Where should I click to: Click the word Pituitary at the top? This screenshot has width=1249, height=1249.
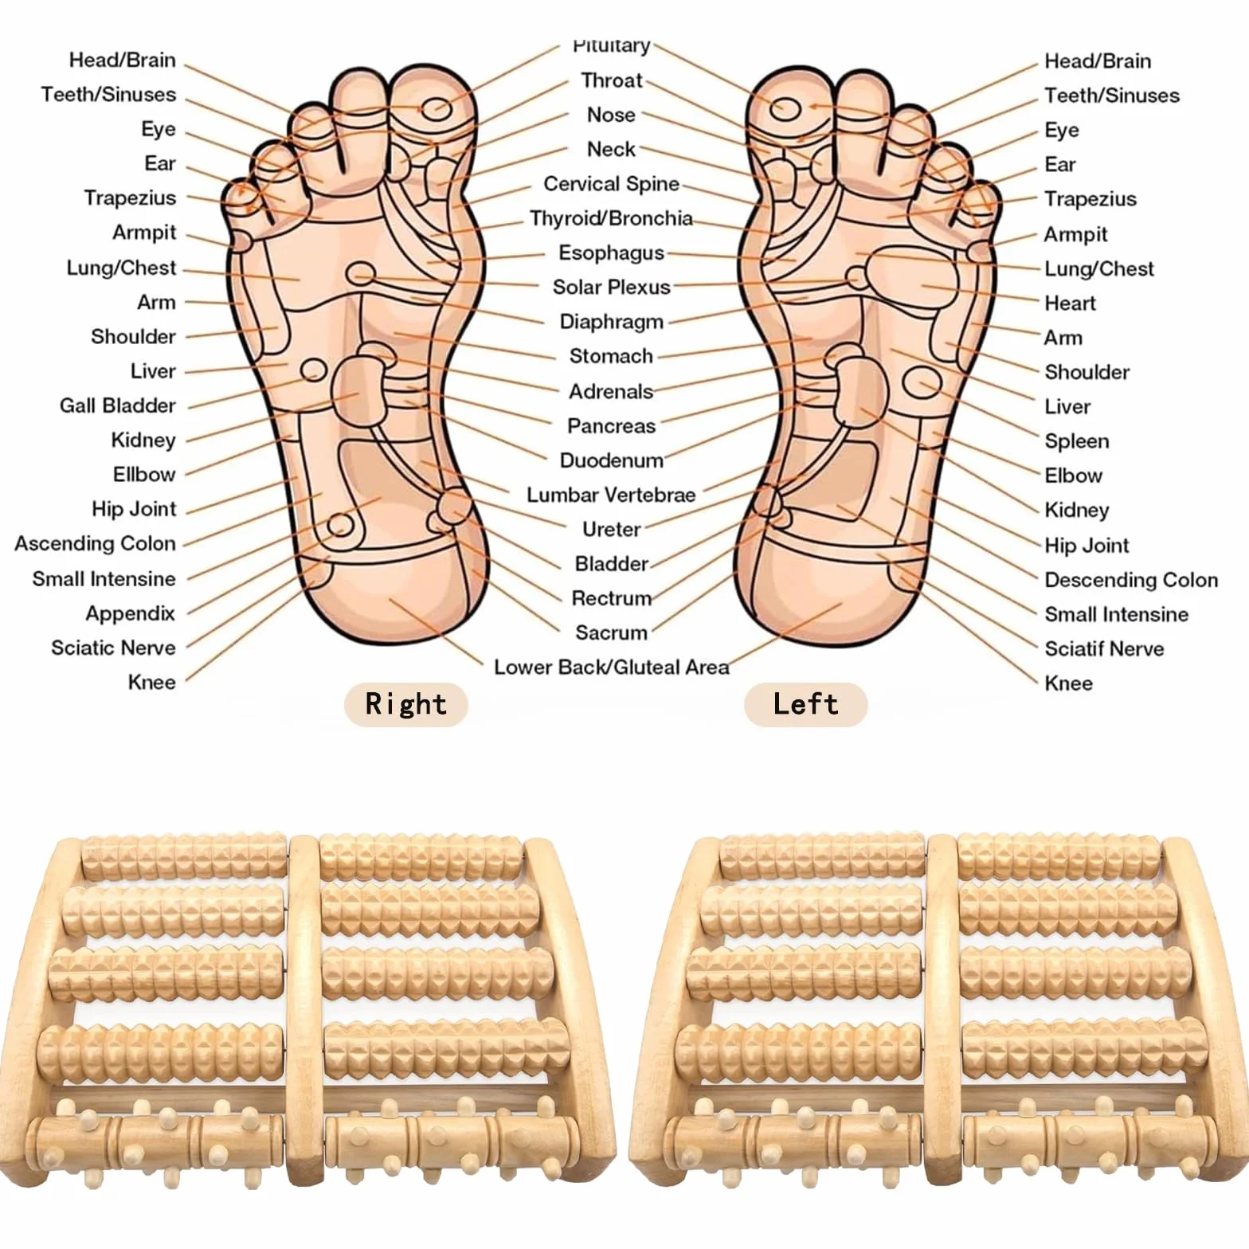click(x=611, y=46)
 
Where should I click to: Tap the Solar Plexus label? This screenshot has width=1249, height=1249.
click(x=612, y=287)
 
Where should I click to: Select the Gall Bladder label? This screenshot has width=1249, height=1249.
click(x=118, y=405)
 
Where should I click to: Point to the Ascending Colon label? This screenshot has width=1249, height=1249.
click(x=95, y=544)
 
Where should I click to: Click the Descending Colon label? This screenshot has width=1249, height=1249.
click(x=1131, y=580)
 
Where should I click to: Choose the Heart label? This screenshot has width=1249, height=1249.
click(x=1070, y=303)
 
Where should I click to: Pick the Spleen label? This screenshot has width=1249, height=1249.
click(x=1076, y=441)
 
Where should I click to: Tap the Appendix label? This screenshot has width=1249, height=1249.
click(x=131, y=613)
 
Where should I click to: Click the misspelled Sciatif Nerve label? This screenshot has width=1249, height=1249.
click(x=1104, y=648)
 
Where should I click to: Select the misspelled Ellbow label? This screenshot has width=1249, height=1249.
click(x=144, y=475)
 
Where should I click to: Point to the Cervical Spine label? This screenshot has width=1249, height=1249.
click(x=611, y=184)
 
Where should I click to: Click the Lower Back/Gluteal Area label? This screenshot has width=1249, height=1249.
click(x=611, y=668)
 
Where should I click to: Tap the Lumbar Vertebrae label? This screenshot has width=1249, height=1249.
click(x=611, y=495)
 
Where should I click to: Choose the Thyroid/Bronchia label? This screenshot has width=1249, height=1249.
click(x=611, y=218)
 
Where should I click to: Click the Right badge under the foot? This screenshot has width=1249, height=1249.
click(x=405, y=704)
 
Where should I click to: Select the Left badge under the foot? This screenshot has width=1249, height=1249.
click(x=805, y=704)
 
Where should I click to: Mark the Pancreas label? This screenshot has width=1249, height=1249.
click(x=611, y=426)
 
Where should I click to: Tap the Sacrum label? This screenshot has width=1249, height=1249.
click(x=611, y=633)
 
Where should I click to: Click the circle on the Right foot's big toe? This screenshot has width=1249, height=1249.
click(x=437, y=108)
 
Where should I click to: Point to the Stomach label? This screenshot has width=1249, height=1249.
click(x=611, y=356)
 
